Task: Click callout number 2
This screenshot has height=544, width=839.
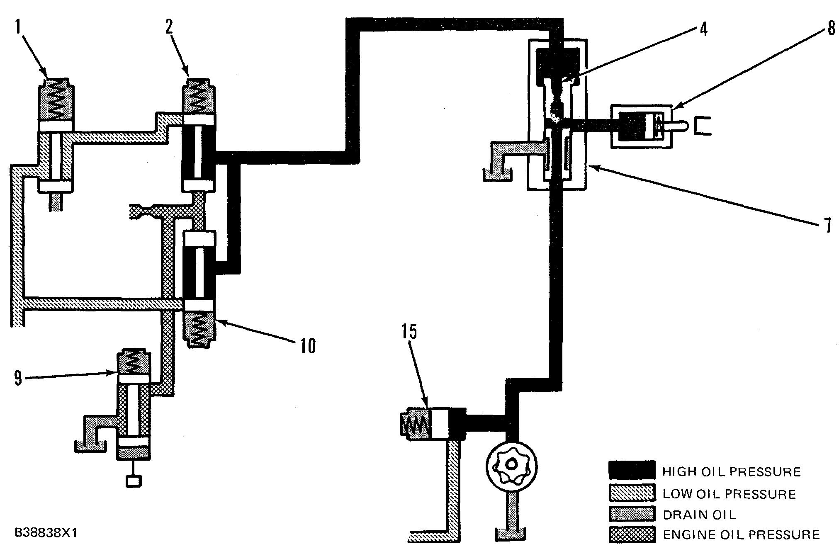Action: pyautogui.click(x=169, y=27)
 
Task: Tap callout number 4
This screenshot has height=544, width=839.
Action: pyautogui.click(x=703, y=29)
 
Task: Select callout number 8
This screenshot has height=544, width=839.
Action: pyautogui.click(x=831, y=29)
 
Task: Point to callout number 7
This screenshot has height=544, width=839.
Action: pyautogui.click(x=827, y=226)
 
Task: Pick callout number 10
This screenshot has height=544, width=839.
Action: pyautogui.click(x=307, y=345)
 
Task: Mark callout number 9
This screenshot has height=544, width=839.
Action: pyautogui.click(x=18, y=378)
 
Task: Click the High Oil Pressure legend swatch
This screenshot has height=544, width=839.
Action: pyautogui.click(x=632, y=471)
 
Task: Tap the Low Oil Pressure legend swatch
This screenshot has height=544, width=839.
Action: pyautogui.click(x=632, y=493)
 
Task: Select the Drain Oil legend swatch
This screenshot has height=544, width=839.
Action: pyautogui.click(x=632, y=515)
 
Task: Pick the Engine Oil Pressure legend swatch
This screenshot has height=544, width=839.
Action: pyautogui.click(x=632, y=535)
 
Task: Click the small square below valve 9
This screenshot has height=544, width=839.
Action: pyautogui.click(x=134, y=481)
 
